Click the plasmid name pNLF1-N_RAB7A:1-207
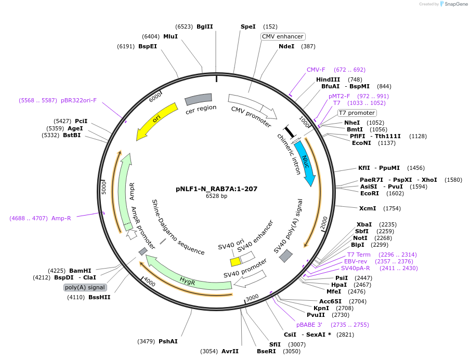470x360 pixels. (217, 189)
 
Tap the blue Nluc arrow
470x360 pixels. (306, 163)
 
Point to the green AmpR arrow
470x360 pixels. (124, 192)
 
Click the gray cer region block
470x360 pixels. (199, 98)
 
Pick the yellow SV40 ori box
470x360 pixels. (235, 262)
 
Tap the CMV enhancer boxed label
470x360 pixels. (282, 36)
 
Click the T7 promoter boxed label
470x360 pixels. (357, 113)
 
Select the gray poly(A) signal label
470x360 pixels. (85, 287)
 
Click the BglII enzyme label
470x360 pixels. (205, 26)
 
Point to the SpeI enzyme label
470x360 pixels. (248, 26)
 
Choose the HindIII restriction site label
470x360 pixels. (328, 79)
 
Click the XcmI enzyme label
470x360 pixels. (368, 208)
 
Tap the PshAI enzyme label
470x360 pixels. (168, 341)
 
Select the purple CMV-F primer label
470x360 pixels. (316, 70)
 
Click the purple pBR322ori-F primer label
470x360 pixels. (79, 100)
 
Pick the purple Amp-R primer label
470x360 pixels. (61, 218)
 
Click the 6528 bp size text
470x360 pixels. (216, 196)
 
